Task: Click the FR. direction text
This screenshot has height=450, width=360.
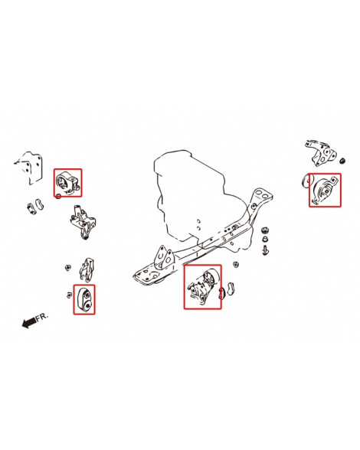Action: click(42, 317)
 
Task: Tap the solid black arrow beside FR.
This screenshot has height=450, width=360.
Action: click(29, 323)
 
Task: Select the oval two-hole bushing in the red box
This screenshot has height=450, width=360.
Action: click(84, 300)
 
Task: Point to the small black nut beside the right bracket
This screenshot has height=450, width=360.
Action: click(342, 161)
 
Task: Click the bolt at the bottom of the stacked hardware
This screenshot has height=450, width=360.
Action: click(265, 250)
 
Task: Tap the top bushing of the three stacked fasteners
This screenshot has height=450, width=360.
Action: click(265, 230)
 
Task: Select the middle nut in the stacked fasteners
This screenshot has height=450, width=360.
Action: click(265, 239)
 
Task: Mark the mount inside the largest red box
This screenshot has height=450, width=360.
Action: click(204, 287)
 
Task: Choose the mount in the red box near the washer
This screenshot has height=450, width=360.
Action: click(326, 191)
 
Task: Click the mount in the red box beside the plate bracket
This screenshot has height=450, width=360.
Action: click(67, 183)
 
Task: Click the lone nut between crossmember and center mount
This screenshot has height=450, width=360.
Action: click(236, 264)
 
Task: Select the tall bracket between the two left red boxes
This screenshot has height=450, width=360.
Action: click(83, 222)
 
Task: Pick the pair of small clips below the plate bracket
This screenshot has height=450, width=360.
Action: click(35, 206)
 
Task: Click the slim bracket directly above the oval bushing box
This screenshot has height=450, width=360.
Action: click(87, 269)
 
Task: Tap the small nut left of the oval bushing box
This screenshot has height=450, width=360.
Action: click(69, 295)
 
